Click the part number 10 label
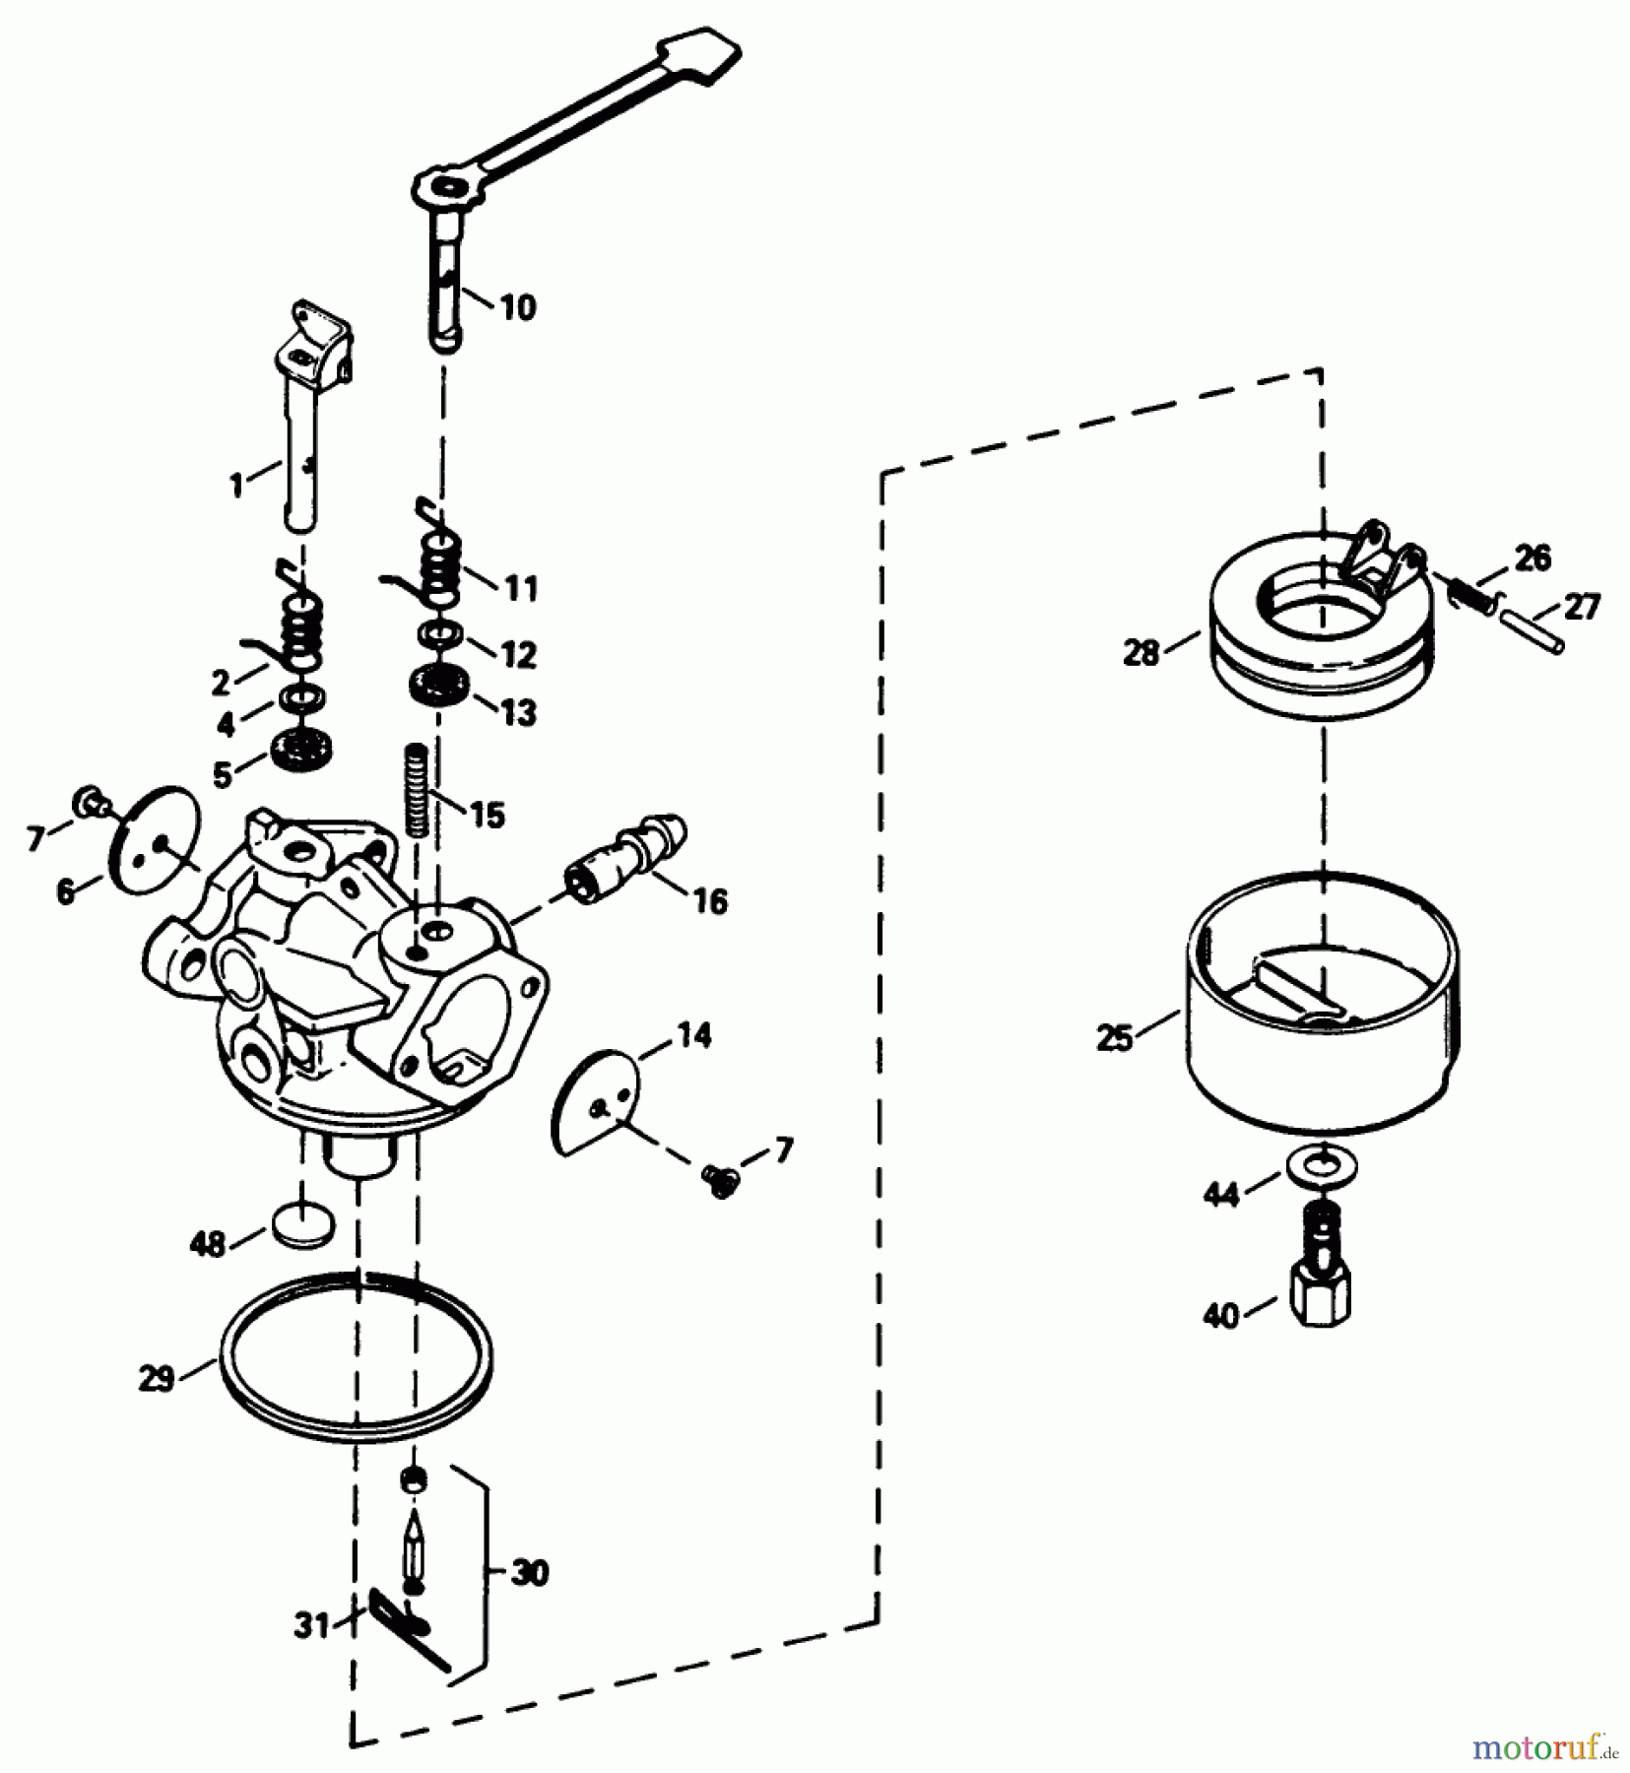pos(518,307)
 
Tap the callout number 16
pos(709,900)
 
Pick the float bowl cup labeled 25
pos(1322,1001)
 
